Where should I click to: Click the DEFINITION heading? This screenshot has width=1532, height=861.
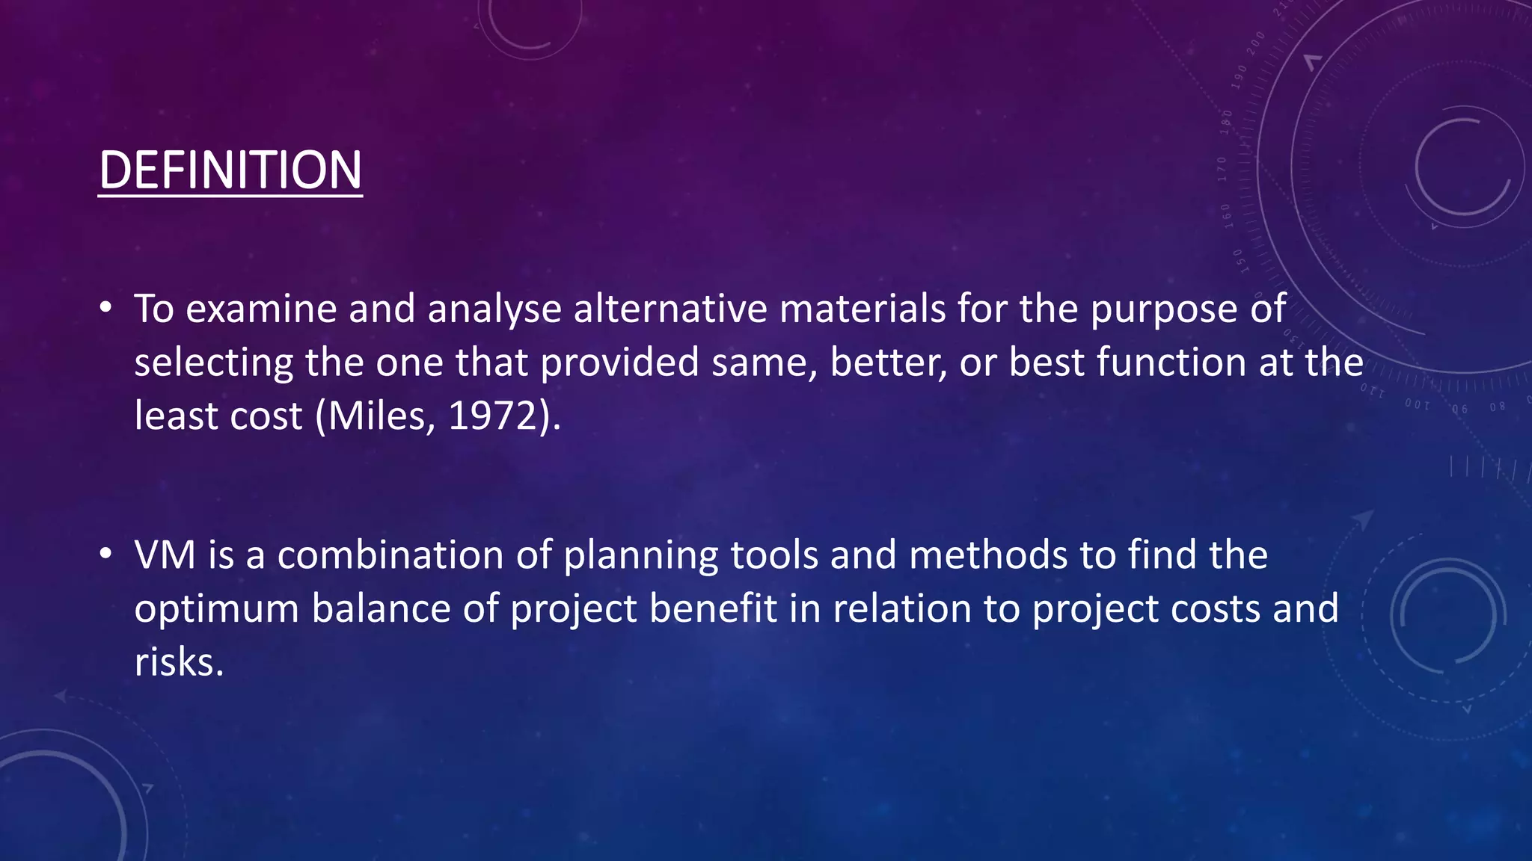coord(230,170)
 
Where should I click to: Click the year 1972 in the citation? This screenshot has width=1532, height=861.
coord(492,416)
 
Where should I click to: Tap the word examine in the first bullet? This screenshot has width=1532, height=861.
coord(261,309)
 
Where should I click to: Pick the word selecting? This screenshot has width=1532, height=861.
coord(213,363)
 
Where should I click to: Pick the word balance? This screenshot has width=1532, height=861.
coord(381,608)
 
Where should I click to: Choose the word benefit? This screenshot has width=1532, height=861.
coord(713,608)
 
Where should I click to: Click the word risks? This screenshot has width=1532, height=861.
coord(178,662)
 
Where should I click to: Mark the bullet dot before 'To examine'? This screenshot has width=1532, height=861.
coord(106,308)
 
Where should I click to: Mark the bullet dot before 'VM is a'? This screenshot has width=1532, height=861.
coord(106,555)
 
